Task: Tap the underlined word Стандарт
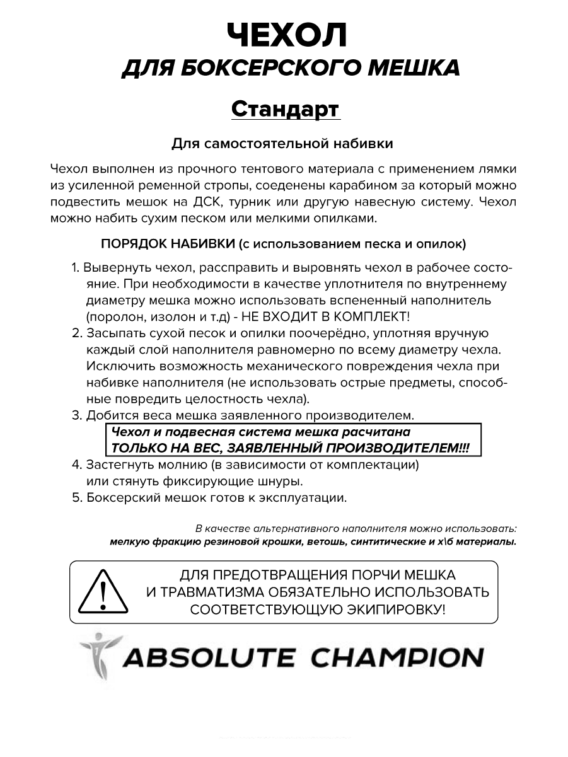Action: coord(286,108)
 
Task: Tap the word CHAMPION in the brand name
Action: coord(398,657)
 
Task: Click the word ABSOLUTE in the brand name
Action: coord(208,657)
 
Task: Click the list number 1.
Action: coord(74,267)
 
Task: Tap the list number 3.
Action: coord(76,415)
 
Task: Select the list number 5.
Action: coord(76,498)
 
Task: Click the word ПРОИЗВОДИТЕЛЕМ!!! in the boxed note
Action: coord(397,448)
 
